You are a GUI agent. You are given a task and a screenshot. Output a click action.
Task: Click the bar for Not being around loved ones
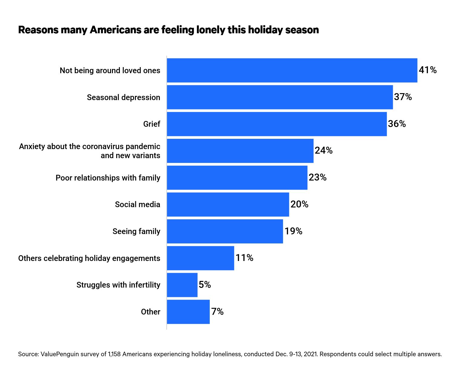pyautogui.click(x=292, y=70)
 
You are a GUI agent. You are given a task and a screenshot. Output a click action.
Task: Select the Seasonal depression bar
pyautogui.click(x=280, y=97)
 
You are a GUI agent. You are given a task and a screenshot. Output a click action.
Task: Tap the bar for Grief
pyautogui.click(x=277, y=124)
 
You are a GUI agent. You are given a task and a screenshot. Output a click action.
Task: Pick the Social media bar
pyautogui.click(x=228, y=204)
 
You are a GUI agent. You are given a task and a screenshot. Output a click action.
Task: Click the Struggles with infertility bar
pyautogui.click(x=182, y=285)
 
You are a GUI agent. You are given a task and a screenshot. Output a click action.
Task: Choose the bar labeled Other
pyautogui.click(x=188, y=312)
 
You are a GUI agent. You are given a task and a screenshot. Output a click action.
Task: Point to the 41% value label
pyautogui.click(x=428, y=70)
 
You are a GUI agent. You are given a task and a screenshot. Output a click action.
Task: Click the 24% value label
pyautogui.click(x=324, y=150)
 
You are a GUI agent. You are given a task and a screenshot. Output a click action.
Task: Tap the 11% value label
pyautogui.click(x=244, y=258)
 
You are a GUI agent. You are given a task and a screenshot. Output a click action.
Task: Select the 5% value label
pyautogui.click(x=205, y=285)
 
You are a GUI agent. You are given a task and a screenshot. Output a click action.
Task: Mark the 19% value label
pyautogui.click(x=293, y=231)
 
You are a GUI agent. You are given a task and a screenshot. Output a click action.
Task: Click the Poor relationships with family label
pyautogui.click(x=108, y=178)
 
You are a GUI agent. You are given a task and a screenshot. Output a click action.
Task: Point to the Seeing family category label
pyautogui.click(x=136, y=231)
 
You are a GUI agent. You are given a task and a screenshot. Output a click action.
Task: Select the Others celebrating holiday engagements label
pyautogui.click(x=89, y=258)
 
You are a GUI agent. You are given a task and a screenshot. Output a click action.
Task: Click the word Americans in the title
pyautogui.click(x=116, y=30)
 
